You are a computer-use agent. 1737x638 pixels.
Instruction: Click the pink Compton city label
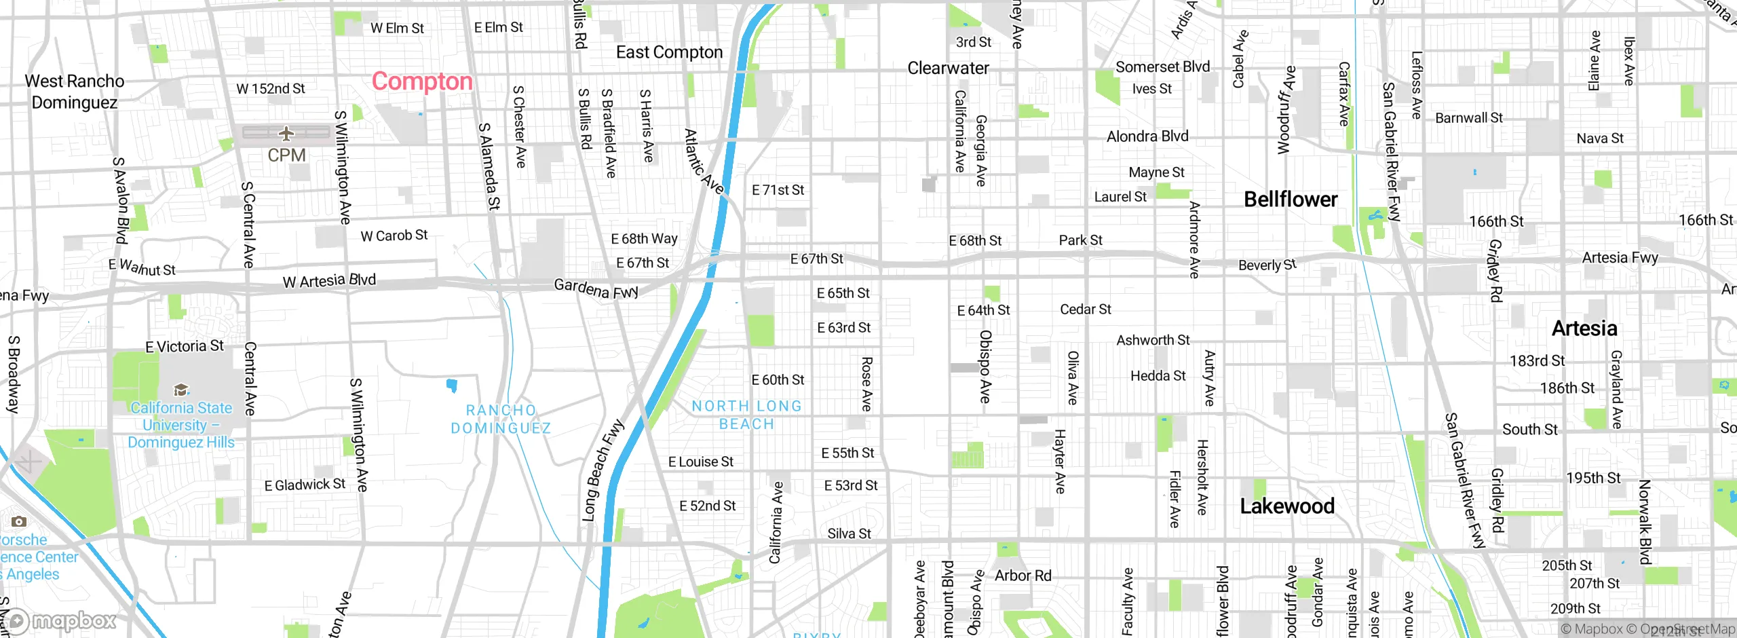click(421, 81)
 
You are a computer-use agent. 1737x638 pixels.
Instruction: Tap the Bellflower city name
click(1291, 200)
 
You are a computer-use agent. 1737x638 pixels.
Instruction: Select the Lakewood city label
click(1286, 506)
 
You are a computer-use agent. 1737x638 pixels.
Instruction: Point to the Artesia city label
click(1584, 329)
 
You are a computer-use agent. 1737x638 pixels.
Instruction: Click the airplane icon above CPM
click(286, 133)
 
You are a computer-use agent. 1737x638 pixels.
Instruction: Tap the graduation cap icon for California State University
click(181, 390)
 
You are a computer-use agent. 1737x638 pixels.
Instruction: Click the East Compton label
click(669, 52)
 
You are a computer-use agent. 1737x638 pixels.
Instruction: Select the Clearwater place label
click(948, 68)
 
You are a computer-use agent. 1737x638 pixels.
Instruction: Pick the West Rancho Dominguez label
click(75, 92)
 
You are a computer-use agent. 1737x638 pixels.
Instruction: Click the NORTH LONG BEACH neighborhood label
click(746, 415)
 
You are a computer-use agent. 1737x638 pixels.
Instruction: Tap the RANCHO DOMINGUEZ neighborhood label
click(501, 419)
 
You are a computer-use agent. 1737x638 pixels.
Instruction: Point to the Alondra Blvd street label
click(1147, 136)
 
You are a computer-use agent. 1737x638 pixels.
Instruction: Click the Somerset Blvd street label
click(1162, 67)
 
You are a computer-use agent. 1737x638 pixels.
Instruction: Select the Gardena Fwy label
click(596, 288)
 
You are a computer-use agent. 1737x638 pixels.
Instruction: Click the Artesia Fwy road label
click(1620, 257)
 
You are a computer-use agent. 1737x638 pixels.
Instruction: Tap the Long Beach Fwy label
click(602, 470)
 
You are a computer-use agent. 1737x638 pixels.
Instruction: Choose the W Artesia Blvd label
click(329, 280)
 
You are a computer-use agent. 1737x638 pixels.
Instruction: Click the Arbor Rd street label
click(1023, 576)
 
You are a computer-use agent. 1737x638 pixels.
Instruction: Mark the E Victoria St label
click(184, 346)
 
